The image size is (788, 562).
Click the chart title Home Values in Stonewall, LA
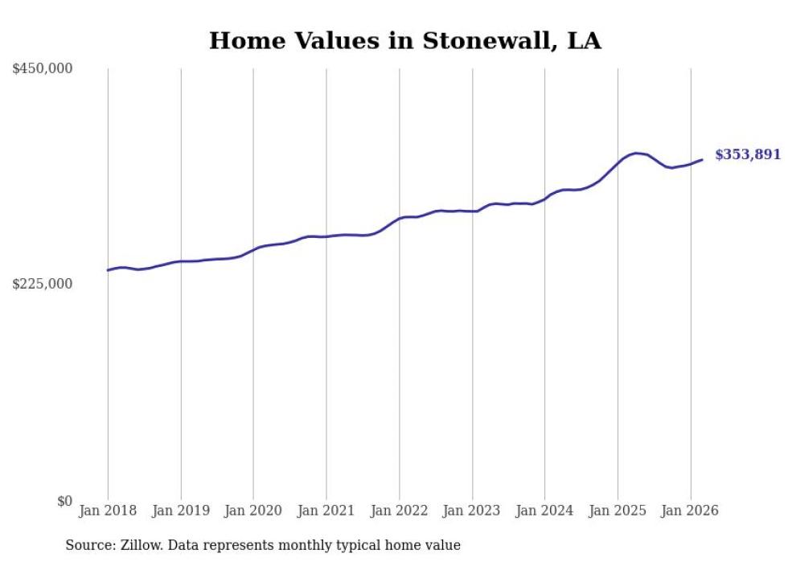(x=404, y=41)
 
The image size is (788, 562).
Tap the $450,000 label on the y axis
(x=43, y=69)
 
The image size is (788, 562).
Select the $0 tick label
(x=64, y=501)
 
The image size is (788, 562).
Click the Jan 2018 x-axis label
(x=108, y=511)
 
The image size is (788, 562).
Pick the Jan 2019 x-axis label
(x=181, y=511)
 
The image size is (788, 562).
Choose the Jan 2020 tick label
(x=253, y=511)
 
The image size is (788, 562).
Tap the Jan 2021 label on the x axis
(x=326, y=511)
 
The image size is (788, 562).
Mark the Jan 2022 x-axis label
(x=399, y=511)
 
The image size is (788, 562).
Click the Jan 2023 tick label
(x=472, y=511)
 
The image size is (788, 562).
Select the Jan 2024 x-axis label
(x=544, y=511)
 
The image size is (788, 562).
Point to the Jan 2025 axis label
(x=618, y=511)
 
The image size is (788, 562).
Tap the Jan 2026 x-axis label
(x=690, y=511)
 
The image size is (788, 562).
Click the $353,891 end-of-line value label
(x=748, y=154)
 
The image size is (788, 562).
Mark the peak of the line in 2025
(x=636, y=153)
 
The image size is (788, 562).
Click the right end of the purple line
(x=702, y=159)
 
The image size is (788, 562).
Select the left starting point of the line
(x=108, y=270)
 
